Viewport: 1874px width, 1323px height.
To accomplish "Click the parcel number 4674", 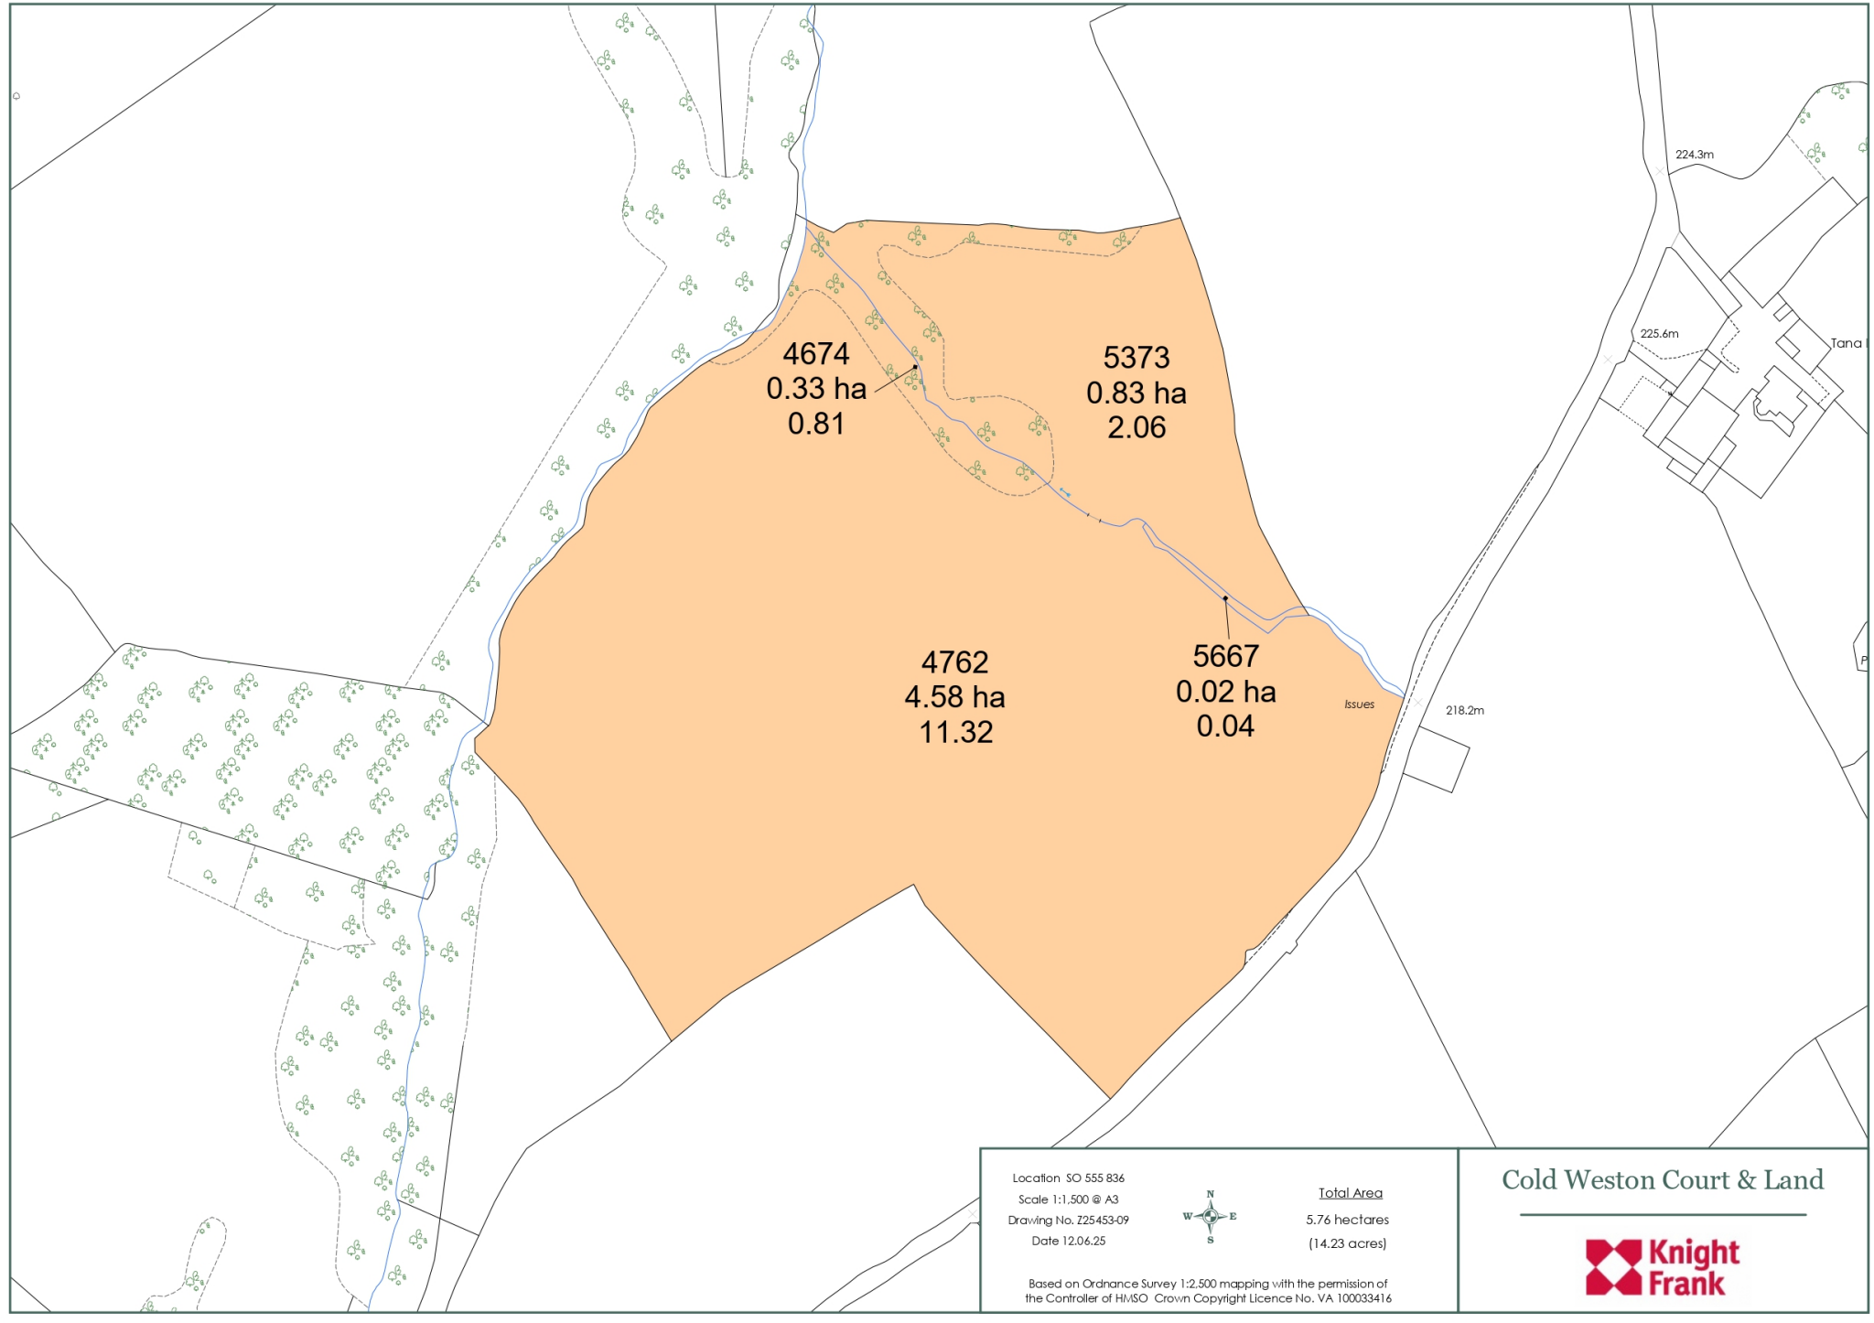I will pos(816,354).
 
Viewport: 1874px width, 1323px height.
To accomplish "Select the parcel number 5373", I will pos(1136,358).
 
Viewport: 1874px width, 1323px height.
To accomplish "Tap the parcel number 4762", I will pos(954,661).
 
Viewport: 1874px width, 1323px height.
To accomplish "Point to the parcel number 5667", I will pos(1225,656).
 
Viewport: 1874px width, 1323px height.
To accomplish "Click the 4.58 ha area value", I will pos(954,697).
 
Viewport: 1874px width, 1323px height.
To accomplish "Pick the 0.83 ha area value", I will pos(1136,393).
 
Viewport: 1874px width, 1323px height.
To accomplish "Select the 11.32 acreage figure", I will pos(955,732).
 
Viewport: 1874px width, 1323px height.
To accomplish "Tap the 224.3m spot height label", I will pos(1694,155).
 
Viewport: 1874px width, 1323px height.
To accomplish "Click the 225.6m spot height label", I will pos(1659,334).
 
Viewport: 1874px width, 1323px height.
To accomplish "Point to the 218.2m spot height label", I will pos(1464,710).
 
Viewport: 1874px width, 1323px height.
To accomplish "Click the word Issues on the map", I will pos(1359,705).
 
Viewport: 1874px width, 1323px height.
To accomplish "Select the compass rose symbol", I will pos(1210,1216).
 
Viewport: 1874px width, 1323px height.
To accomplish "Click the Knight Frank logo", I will pos(1662,1267).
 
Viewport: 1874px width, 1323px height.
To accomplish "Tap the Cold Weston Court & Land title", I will pos(1662,1180).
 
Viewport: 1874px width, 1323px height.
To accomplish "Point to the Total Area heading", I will pos(1350,1193).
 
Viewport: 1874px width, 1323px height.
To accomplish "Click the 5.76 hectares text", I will pos(1347,1220).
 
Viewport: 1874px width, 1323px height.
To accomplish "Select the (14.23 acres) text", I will pos(1347,1243).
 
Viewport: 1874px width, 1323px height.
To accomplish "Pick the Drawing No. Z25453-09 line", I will pos(1068,1220).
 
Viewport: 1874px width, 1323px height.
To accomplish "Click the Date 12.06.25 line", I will pos(1068,1242).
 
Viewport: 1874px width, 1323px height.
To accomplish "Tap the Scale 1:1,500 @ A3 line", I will pos(1068,1199).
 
